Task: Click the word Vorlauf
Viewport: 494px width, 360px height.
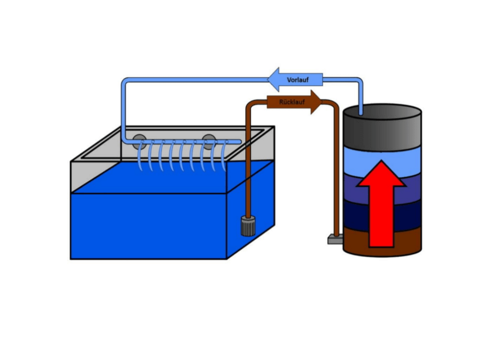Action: tap(298, 80)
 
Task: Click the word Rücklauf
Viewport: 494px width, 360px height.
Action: tap(292, 102)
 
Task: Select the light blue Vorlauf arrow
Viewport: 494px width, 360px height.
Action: tap(295, 80)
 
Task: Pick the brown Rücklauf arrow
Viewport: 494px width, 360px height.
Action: tap(294, 102)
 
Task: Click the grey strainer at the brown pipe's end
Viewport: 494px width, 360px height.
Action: tap(248, 226)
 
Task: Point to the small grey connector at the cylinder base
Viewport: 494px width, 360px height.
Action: tap(335, 239)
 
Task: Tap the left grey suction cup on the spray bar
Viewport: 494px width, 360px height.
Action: tap(139, 142)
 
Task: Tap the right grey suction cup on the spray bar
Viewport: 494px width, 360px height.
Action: tap(208, 142)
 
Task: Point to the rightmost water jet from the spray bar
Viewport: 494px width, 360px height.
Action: tap(224, 156)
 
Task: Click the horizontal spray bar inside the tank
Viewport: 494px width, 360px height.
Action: tap(182, 142)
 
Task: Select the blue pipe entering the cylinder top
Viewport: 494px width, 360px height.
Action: tap(360, 96)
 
